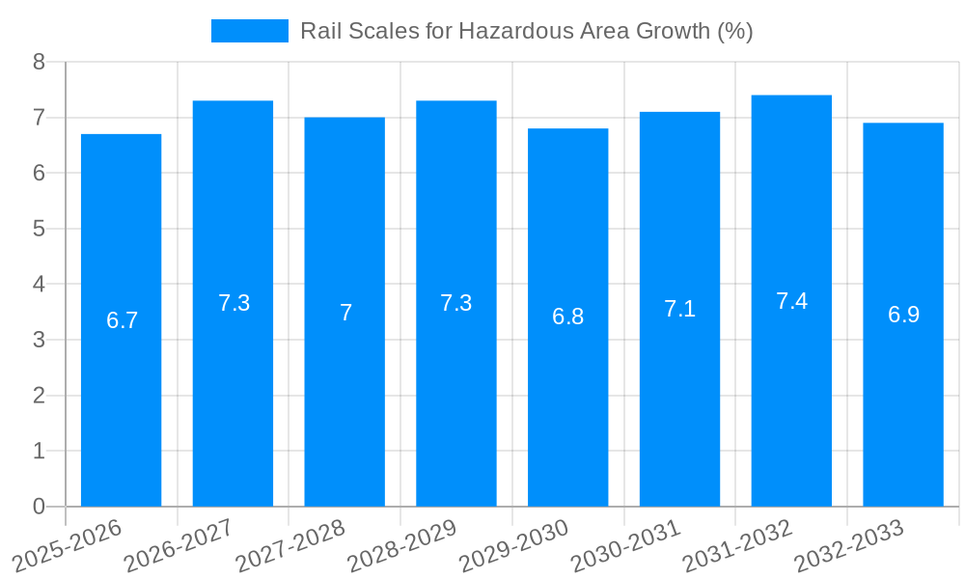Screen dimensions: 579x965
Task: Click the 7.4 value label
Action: [x=791, y=301]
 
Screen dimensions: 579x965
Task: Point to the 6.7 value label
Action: [x=122, y=321]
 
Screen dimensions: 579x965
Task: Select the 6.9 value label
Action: [x=903, y=316]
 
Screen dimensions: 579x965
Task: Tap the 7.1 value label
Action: [x=679, y=310]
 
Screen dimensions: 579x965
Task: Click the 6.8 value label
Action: [x=567, y=317]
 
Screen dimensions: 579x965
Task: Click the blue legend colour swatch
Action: [x=249, y=31]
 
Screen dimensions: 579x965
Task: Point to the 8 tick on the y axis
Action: [x=39, y=63]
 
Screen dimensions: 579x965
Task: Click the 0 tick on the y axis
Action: [x=39, y=507]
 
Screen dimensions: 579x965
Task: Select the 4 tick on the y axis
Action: [x=39, y=285]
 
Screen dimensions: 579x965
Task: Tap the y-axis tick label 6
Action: [x=39, y=174]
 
